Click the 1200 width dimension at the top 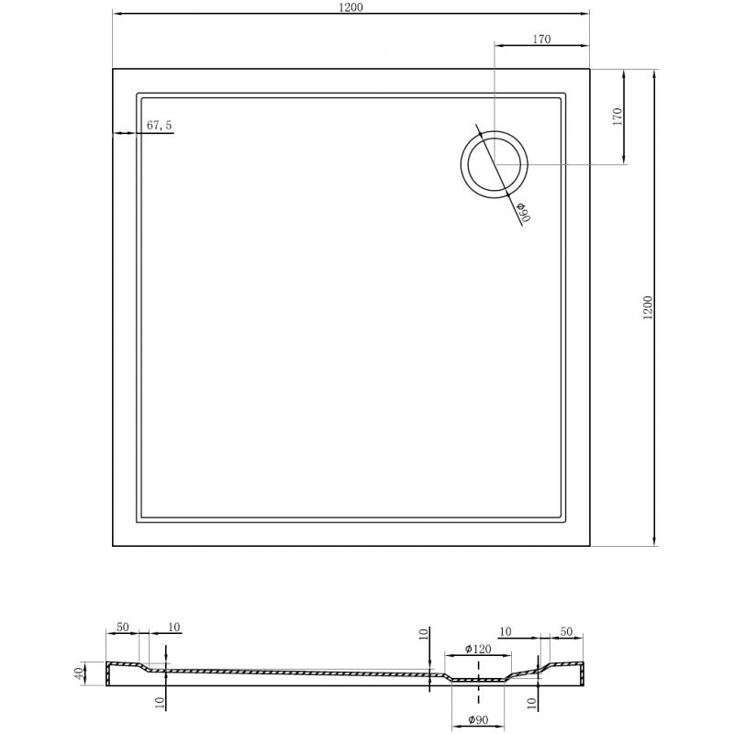(350, 8)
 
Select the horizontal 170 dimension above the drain (541, 39)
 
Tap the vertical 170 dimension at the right (617, 116)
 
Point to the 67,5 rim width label (160, 126)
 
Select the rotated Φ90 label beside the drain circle (523, 212)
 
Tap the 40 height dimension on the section (81, 673)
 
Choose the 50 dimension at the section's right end (565, 632)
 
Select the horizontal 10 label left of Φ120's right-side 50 (505, 632)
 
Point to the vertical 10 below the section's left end (159, 702)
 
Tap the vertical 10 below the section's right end (531, 704)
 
